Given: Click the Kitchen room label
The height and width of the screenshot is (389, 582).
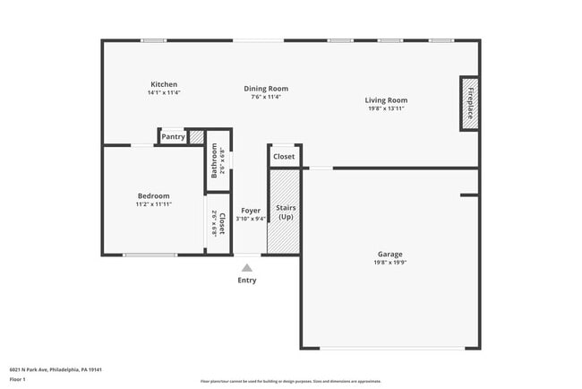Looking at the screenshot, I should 164,84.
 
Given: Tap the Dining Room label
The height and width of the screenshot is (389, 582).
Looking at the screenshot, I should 266,89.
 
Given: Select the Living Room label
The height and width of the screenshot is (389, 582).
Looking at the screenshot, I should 386,100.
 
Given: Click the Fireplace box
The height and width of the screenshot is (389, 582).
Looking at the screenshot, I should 469,98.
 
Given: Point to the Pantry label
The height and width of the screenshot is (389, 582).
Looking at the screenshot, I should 173,137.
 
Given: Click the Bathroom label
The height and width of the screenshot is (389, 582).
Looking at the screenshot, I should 215,160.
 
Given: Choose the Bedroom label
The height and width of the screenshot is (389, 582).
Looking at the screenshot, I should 153,195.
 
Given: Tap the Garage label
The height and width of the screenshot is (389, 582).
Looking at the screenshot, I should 389,255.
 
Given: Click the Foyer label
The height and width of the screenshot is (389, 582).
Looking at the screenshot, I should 251,211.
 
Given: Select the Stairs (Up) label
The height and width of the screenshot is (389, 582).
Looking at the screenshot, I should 286,212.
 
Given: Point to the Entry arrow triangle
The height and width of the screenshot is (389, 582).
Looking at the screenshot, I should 247,267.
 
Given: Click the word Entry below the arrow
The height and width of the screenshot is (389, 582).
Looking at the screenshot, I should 247,281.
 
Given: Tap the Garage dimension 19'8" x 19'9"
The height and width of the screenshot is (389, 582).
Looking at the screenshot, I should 389,263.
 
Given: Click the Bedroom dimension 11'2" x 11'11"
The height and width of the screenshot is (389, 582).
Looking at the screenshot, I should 153,203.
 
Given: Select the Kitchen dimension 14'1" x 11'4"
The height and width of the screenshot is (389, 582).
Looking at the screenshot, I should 164,92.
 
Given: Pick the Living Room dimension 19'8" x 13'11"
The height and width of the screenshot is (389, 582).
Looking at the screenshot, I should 386,108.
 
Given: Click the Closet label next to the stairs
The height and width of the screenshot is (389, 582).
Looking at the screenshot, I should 284,157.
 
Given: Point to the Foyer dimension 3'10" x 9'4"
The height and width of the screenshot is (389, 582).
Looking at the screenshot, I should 251,219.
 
